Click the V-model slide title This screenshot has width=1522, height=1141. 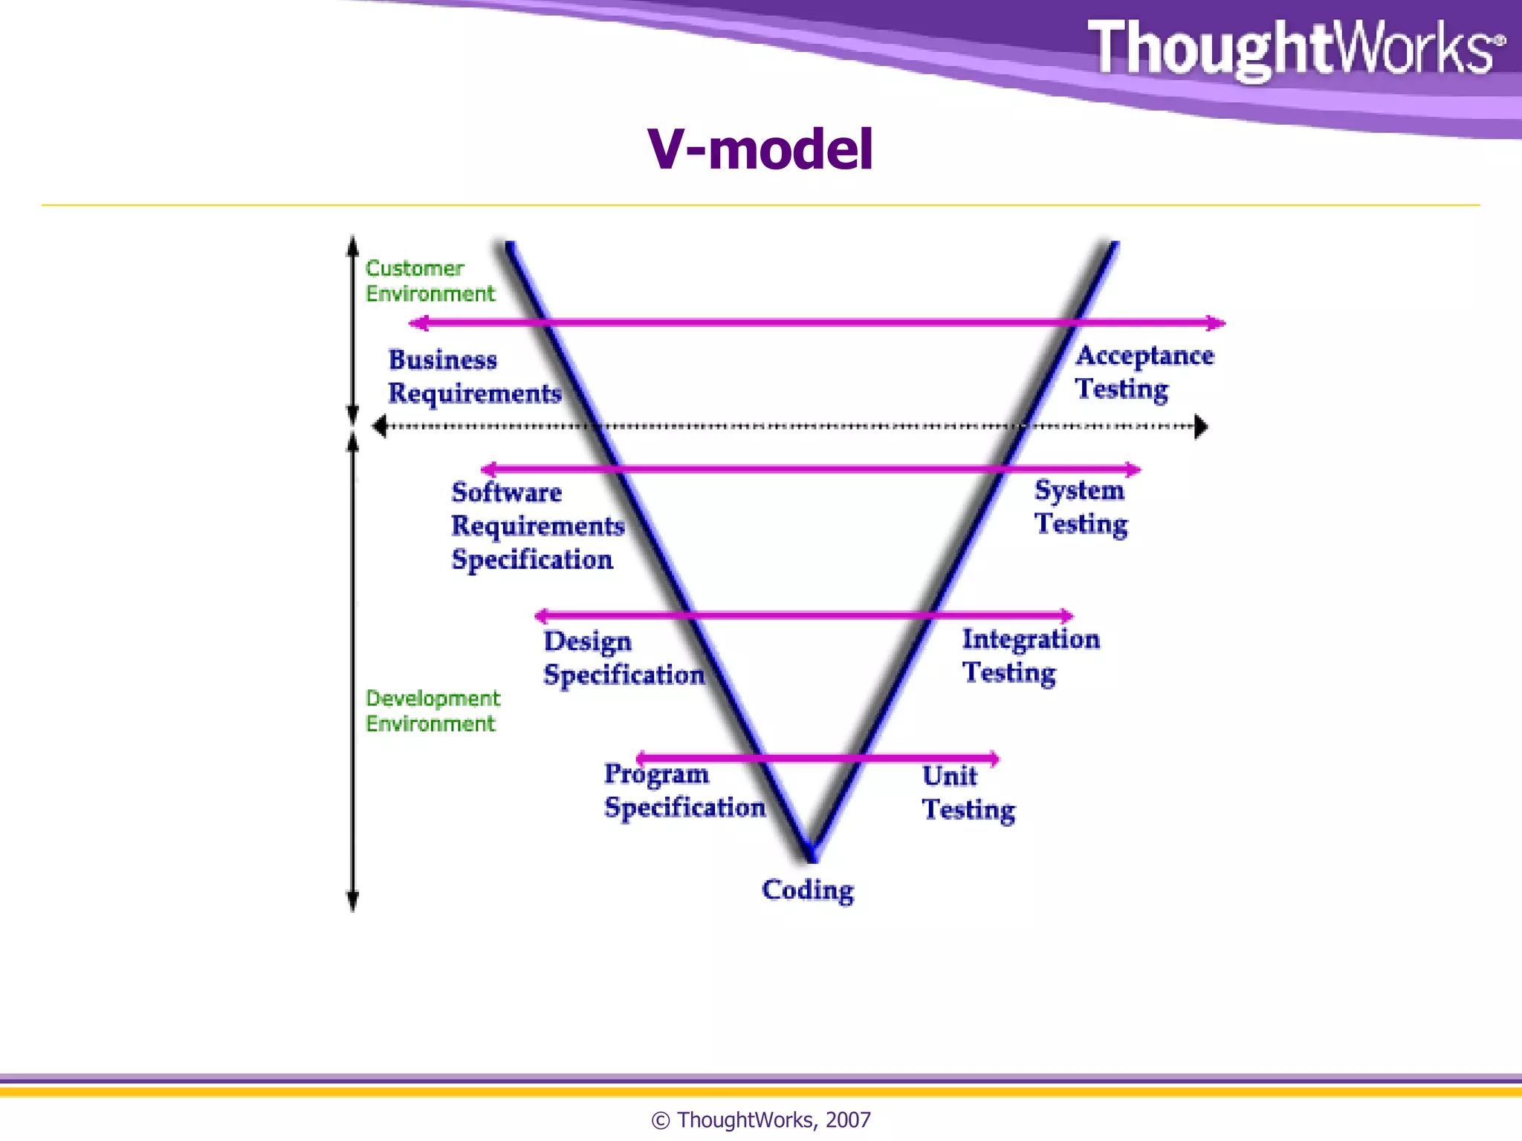point(760,149)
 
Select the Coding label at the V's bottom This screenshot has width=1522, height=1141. point(808,890)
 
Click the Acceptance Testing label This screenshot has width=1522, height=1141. point(1144,372)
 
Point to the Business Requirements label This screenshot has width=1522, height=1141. point(473,377)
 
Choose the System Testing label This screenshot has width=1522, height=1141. point(1081,507)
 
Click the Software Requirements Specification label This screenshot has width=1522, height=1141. point(537,526)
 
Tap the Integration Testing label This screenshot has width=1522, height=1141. point(1030,655)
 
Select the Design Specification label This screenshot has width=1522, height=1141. point(623,658)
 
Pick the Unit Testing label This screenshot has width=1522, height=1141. point(968,793)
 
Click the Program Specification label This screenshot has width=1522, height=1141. point(684,790)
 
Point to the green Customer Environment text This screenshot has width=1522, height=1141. point(429,281)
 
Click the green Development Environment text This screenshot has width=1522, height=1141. point(432,711)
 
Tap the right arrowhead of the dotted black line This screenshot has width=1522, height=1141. point(1201,426)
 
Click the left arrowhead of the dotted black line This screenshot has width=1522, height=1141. point(380,426)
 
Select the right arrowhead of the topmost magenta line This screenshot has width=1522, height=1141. point(1217,322)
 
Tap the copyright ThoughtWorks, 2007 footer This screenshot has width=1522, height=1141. point(760,1119)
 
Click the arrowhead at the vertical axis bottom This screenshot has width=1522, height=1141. point(353,902)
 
